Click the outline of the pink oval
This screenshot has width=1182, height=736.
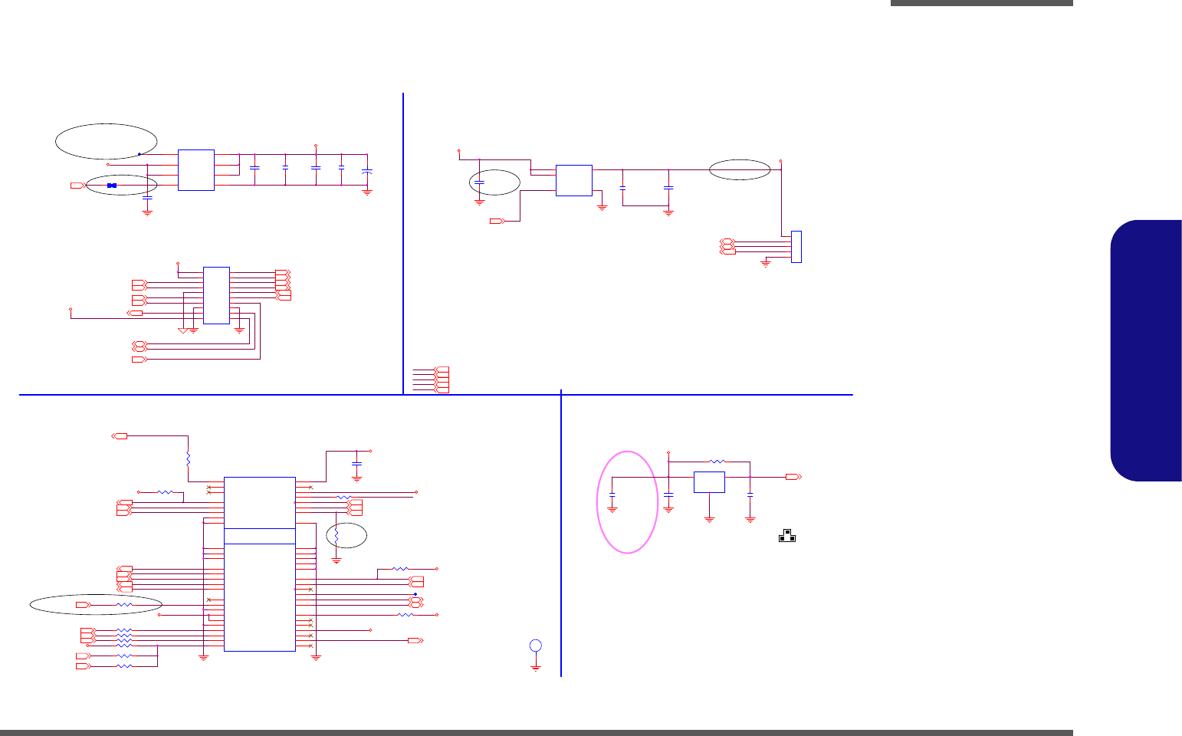pyautogui.click(x=598, y=502)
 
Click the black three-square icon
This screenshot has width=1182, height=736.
pyautogui.click(x=787, y=535)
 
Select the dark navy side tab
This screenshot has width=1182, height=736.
pyautogui.click(x=1146, y=350)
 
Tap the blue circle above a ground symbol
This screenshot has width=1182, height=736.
pyautogui.click(x=536, y=646)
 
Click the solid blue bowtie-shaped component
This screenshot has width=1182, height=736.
pyautogui.click(x=112, y=186)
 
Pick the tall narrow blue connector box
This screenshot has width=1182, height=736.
pyautogui.click(x=796, y=247)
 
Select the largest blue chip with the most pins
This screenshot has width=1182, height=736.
pyautogui.click(x=260, y=563)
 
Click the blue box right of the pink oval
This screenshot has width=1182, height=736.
pyautogui.click(x=709, y=482)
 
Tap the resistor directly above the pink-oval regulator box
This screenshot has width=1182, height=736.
pyautogui.click(x=717, y=462)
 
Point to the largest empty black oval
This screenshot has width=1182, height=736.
pyautogui.click(x=107, y=141)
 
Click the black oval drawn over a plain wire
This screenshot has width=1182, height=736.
pyautogui.click(x=740, y=169)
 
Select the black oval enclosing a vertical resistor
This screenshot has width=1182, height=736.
pyautogui.click(x=346, y=535)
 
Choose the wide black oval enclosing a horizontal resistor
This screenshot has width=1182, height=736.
pyautogui.click(x=96, y=605)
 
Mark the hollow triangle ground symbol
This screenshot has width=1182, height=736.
pyautogui.click(x=182, y=330)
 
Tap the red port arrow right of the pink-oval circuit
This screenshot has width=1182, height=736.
pyautogui.click(x=793, y=477)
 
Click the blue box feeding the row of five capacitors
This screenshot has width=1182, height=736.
pyautogui.click(x=195, y=169)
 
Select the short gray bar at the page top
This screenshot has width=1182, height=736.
pyautogui.click(x=981, y=3)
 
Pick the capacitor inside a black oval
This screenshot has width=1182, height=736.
pyautogui.click(x=479, y=183)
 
